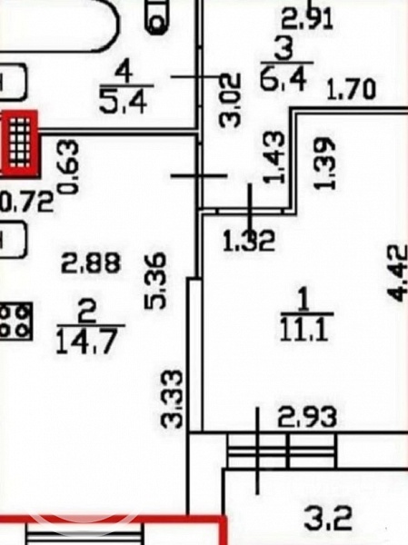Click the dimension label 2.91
click(x=307, y=19)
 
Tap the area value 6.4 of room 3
click(x=284, y=79)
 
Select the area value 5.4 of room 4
click(x=123, y=101)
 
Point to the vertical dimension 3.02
click(x=230, y=99)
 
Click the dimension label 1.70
click(x=352, y=90)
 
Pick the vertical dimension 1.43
click(x=274, y=157)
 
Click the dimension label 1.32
click(x=249, y=241)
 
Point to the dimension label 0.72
click(x=27, y=202)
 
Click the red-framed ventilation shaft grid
click(x=20, y=143)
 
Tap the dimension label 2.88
click(x=91, y=263)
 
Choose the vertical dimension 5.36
click(x=154, y=281)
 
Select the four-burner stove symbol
click(x=16, y=321)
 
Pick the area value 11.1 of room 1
click(x=304, y=329)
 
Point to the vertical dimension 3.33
click(x=171, y=399)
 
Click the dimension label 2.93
click(x=307, y=417)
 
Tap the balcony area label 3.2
click(x=328, y=519)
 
